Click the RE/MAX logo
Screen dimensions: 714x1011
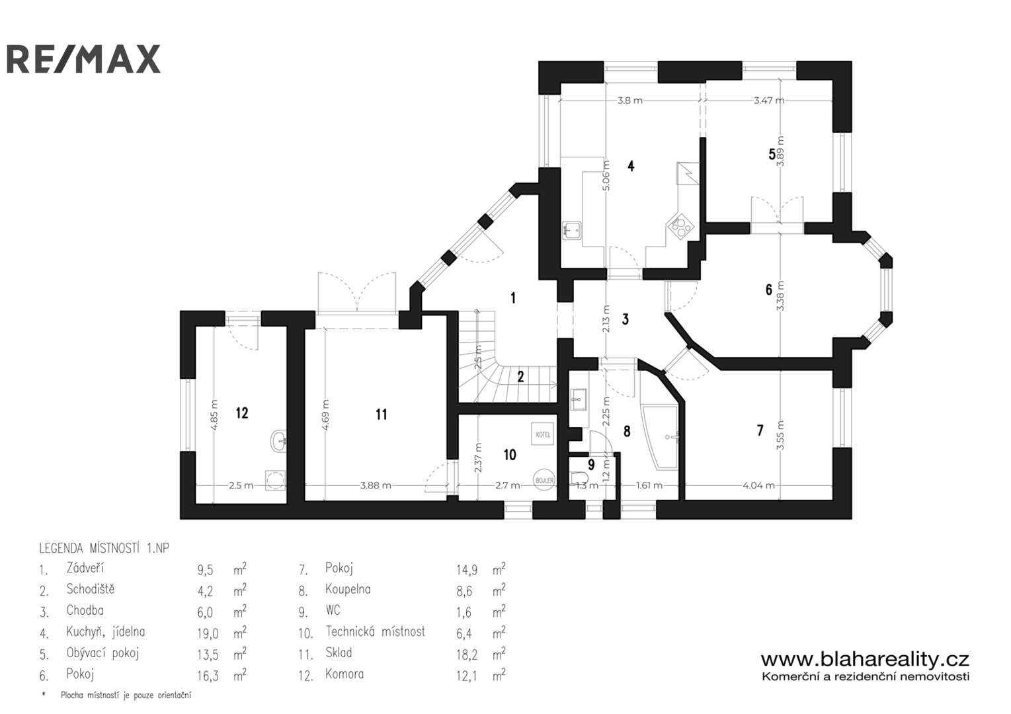(83, 59)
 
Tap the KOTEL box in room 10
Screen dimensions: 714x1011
(542, 434)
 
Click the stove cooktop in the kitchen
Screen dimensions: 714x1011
(680, 226)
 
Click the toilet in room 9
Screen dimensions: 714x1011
(579, 478)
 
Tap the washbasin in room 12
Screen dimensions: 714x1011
(278, 440)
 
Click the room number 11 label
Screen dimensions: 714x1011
(381, 415)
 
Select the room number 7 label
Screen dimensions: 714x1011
(760, 430)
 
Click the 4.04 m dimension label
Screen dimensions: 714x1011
(758, 485)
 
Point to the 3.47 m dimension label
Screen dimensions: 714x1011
(768, 100)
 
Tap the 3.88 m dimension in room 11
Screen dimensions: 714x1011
(375, 485)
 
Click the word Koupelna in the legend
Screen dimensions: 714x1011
(348, 589)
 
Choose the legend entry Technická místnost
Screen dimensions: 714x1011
(376, 631)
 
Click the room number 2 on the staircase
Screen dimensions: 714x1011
(521, 377)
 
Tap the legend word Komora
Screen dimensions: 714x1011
(344, 674)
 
